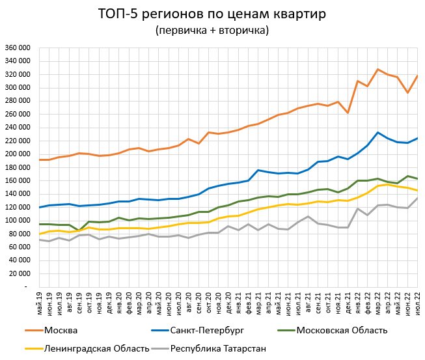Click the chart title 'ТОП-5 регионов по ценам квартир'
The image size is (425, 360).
[212, 14]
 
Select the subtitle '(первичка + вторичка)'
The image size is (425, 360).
[212, 30]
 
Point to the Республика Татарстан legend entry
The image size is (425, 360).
[218, 348]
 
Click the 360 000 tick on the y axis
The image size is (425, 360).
[18, 48]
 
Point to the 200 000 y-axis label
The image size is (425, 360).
[18, 154]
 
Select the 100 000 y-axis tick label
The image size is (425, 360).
[18, 221]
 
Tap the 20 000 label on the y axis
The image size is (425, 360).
[20, 273]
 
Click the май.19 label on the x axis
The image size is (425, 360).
[40, 301]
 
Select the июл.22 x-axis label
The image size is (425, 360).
[417, 301]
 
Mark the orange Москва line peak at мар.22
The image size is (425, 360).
[377, 69]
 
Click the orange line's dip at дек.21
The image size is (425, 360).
[348, 113]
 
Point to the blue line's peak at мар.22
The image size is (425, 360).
[377, 133]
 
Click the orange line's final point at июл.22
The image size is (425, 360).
[417, 76]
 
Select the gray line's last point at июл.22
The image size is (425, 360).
[417, 198]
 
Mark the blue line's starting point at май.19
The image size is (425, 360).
[40, 207]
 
